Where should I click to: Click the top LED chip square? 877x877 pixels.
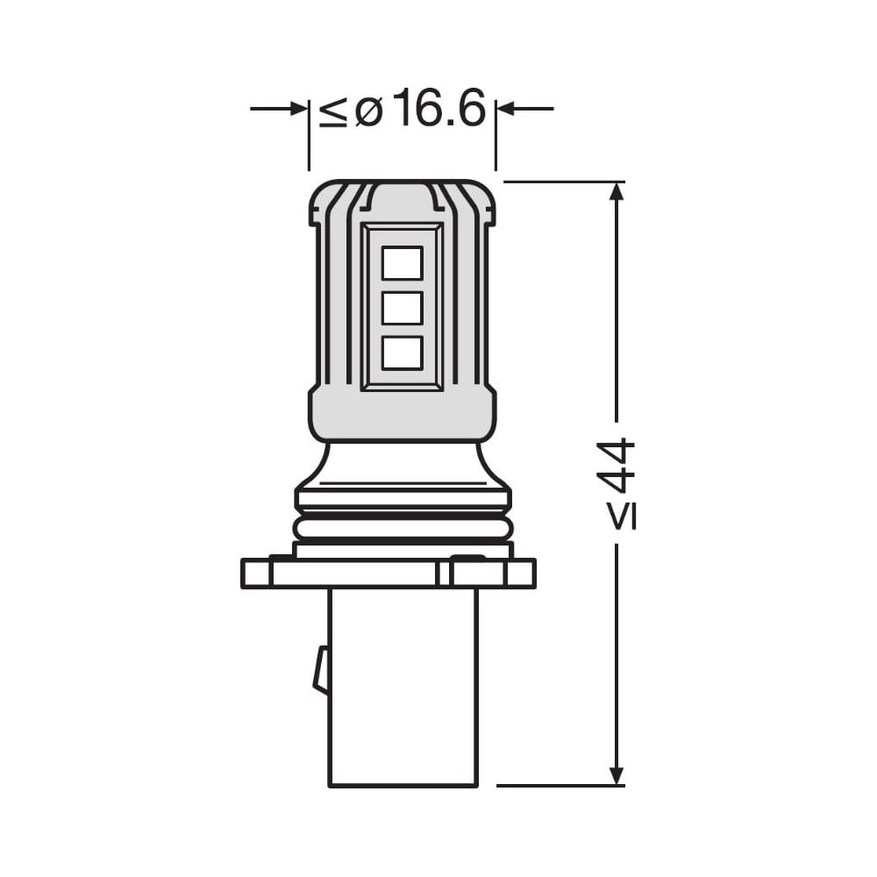pos(402,263)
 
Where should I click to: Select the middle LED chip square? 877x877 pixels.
pos(402,308)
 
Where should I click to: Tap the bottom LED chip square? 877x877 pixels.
pos(402,353)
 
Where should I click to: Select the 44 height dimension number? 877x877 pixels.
pos(616,466)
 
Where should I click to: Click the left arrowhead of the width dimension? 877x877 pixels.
pos(299,109)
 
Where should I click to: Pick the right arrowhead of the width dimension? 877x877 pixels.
pos(506,109)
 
